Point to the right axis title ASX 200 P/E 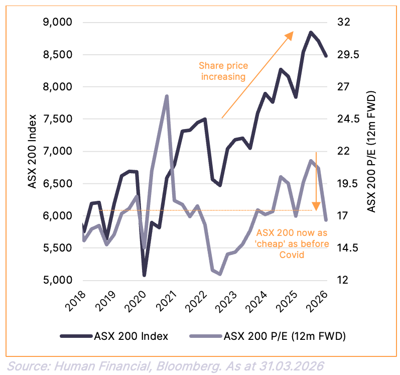(371, 151)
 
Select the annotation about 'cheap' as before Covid (293, 244)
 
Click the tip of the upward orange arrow (293, 32)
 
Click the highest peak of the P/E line (167, 96)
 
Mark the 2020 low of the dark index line (144, 275)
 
